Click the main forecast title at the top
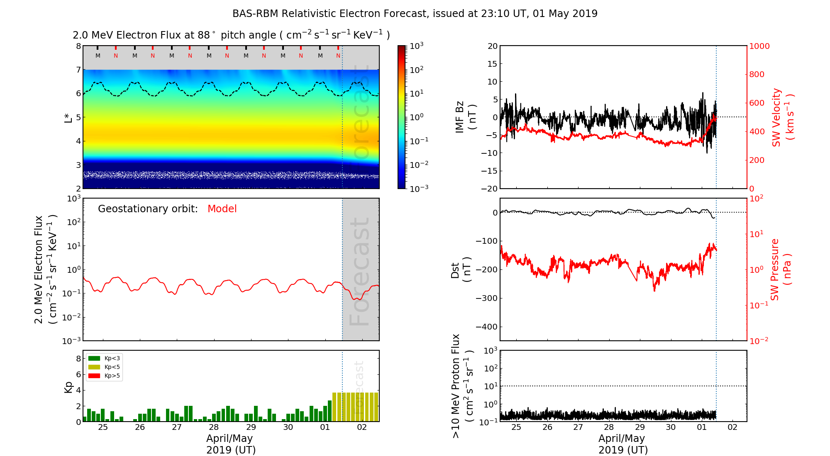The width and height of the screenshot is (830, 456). [x=415, y=14]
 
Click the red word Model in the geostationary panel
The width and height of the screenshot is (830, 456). [x=222, y=209]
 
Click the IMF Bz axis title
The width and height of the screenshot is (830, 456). [x=465, y=117]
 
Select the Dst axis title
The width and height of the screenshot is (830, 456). [x=461, y=269]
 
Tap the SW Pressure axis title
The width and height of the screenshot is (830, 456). [x=781, y=269]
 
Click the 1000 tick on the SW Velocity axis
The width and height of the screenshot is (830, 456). [x=759, y=46]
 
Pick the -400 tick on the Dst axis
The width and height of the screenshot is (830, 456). [x=486, y=327]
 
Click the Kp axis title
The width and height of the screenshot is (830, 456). [x=68, y=387]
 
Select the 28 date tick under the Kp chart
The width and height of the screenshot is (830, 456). [x=214, y=427]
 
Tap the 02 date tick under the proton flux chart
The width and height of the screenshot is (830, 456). [x=732, y=427]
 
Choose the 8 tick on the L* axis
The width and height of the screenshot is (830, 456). [x=78, y=46]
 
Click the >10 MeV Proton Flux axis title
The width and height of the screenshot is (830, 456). [x=462, y=386]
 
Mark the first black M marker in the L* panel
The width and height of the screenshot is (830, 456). [x=98, y=56]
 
